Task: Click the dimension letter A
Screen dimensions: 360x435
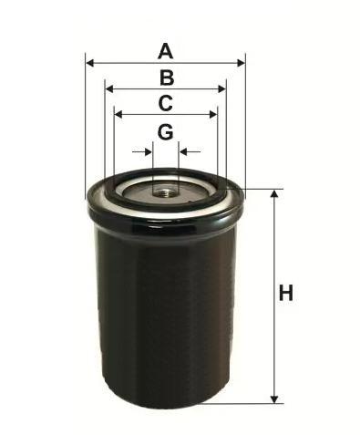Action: (x=166, y=51)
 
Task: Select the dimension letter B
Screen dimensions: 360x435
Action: (x=167, y=78)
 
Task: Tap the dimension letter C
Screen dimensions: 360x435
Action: (x=166, y=103)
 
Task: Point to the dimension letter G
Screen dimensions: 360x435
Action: (x=166, y=132)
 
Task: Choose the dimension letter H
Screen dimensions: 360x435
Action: (x=286, y=293)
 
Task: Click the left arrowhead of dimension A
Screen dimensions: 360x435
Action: (x=90, y=63)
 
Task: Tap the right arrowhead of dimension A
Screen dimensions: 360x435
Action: (x=241, y=63)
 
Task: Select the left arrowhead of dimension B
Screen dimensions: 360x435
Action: (x=109, y=89)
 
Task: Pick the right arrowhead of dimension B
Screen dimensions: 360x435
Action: (x=222, y=89)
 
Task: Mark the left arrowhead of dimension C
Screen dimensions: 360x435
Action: (x=118, y=115)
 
